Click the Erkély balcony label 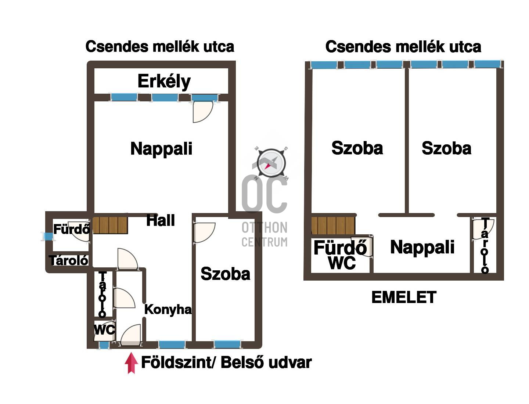coord(164,82)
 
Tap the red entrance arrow coord(131,363)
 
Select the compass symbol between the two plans coord(271,163)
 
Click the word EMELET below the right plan coord(404,297)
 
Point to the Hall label coord(161,220)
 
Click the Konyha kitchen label coord(168,310)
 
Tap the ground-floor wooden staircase coord(110,225)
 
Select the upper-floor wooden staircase coord(333,226)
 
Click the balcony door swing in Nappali coord(203,112)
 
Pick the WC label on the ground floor coord(105,330)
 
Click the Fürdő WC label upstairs coord(340,255)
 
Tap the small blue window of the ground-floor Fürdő coord(49,237)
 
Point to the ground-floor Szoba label coord(225,274)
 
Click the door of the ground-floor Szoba coord(204,232)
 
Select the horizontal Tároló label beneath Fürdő coord(69,260)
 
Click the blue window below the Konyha coord(172,345)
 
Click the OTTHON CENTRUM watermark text coord(264,235)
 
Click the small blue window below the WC coord(104,345)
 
